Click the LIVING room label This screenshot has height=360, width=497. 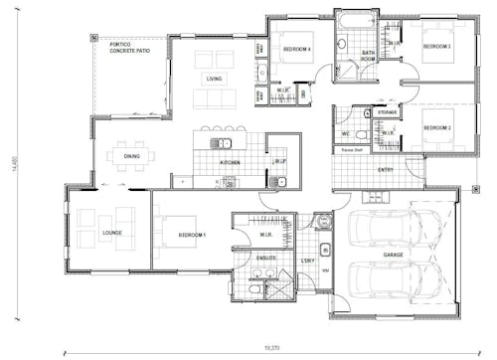tap(214, 78)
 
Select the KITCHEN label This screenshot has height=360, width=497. tap(230, 161)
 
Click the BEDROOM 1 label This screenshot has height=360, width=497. tap(192, 235)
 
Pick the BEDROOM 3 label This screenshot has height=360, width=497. tap(436, 47)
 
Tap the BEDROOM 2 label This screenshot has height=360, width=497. tap(436, 127)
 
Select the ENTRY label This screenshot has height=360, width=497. tap(386, 170)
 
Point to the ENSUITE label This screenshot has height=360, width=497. tap(266, 259)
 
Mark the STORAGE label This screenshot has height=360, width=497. tap(388, 113)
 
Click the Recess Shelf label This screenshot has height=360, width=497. tap(351, 151)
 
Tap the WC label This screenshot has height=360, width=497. tap(345, 133)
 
